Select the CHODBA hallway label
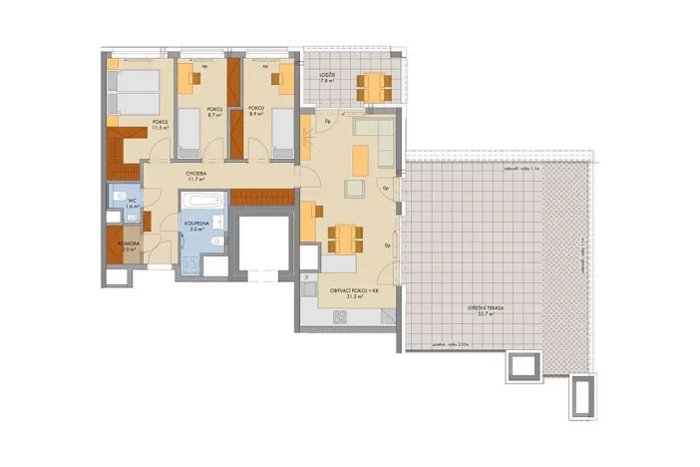point(195,173)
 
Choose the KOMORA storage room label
point(129,242)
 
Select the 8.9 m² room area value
point(255,114)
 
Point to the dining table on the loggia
point(373,88)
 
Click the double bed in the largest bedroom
point(135,92)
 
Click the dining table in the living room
point(345,237)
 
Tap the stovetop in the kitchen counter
point(337,315)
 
